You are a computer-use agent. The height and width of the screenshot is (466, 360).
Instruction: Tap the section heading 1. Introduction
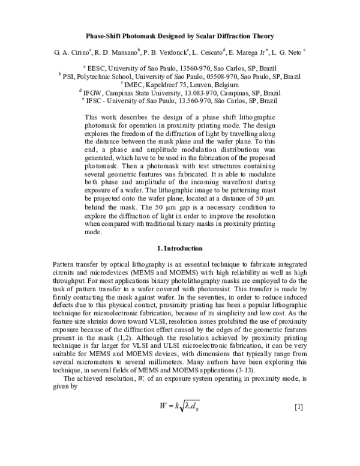179,248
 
